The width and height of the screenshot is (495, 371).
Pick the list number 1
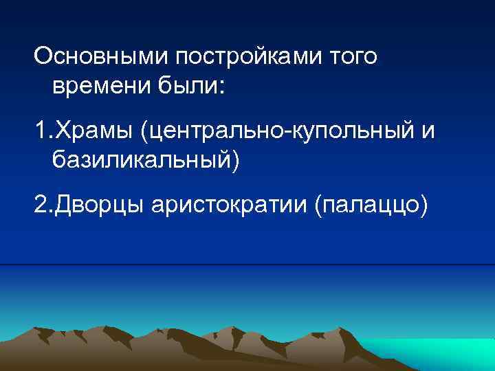point(40,130)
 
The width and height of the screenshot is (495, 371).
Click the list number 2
point(41,204)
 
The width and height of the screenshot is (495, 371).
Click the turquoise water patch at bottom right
point(440,354)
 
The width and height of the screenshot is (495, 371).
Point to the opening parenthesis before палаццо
point(318,205)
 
